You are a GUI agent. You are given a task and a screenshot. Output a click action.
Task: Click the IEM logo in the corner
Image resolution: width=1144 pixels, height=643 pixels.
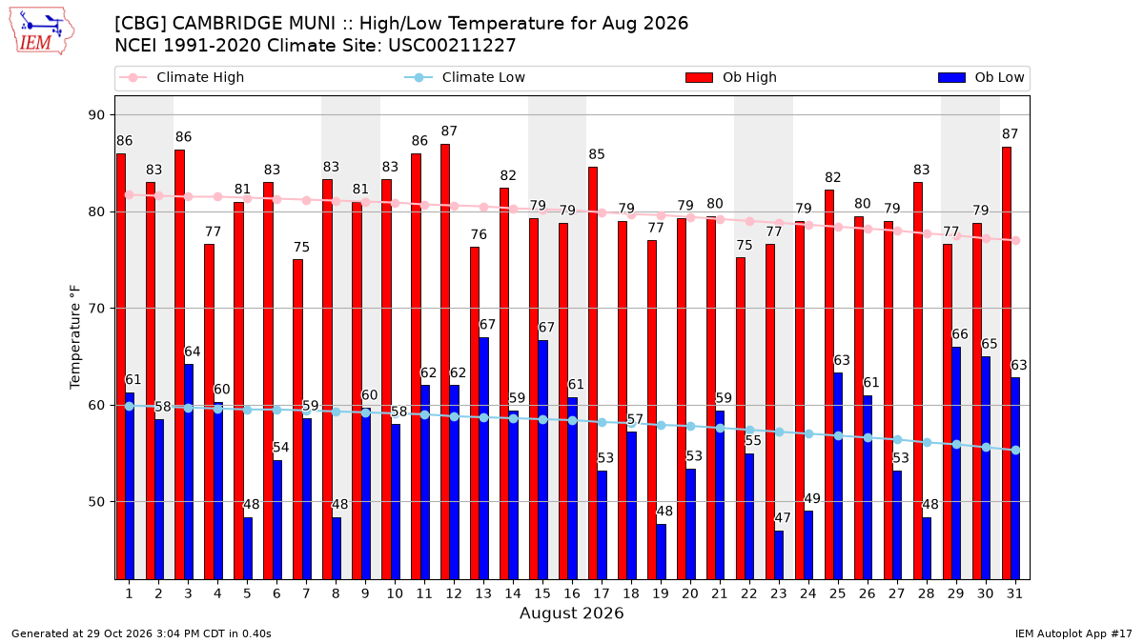tap(42, 31)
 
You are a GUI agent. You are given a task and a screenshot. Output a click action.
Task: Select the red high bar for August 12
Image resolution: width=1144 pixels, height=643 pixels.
tap(445, 362)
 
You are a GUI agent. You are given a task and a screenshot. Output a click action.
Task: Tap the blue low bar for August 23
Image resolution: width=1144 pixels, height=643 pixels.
tap(779, 555)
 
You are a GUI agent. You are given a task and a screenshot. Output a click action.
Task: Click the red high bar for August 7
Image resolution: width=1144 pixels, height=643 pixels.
tap(297, 419)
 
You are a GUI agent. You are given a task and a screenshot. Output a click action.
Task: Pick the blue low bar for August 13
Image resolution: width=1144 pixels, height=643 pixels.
tap(483, 459)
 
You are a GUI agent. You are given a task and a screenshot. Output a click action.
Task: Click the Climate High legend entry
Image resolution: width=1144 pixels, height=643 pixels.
tap(181, 77)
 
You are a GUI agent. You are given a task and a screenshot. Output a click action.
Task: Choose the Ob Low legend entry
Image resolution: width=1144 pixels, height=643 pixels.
tap(981, 77)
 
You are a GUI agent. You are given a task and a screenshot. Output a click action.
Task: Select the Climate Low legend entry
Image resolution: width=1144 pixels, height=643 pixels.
tap(464, 77)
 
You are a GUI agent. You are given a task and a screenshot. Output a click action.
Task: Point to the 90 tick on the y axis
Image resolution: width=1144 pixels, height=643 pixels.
tap(96, 115)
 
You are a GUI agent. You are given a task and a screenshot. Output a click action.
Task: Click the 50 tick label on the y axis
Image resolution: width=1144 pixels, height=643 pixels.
tap(96, 502)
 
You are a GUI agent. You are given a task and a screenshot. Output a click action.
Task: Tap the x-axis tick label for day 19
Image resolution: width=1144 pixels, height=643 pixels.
tap(661, 593)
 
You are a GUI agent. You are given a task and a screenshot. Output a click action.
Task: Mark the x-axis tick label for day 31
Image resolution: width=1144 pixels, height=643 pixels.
tap(1014, 593)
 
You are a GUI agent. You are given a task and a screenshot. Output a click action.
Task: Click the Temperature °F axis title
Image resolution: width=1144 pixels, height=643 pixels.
tap(75, 337)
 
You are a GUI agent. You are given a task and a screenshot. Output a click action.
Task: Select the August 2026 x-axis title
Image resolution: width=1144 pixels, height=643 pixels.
tap(571, 613)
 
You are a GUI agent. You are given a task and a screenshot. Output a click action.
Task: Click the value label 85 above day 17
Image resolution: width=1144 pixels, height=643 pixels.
tap(597, 154)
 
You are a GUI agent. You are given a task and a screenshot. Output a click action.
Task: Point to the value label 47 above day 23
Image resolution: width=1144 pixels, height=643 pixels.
tap(783, 518)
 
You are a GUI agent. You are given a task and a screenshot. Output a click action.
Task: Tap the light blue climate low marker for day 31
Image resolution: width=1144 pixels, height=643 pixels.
tap(1016, 450)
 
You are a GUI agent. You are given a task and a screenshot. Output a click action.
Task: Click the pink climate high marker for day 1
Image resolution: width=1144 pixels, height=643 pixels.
tap(130, 195)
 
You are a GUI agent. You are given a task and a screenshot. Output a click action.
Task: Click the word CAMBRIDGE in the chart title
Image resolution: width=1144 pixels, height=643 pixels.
tap(254, 24)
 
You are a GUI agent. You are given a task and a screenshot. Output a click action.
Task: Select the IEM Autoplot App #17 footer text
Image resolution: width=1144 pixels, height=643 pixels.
tap(1073, 633)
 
